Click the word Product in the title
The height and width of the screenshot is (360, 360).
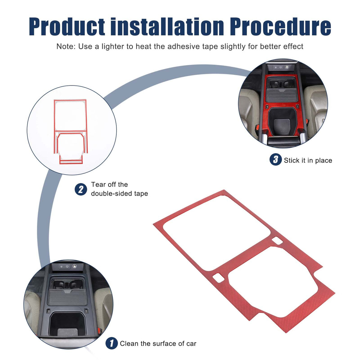tap(67, 26)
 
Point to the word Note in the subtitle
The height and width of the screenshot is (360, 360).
tap(66, 46)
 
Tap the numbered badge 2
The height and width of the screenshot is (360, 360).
tap(81, 189)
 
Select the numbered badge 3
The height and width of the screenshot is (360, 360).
tap(276, 159)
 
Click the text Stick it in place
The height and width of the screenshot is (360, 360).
tap(308, 160)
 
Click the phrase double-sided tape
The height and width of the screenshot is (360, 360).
tap(119, 194)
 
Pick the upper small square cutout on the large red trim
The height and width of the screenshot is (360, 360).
tap(277, 241)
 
